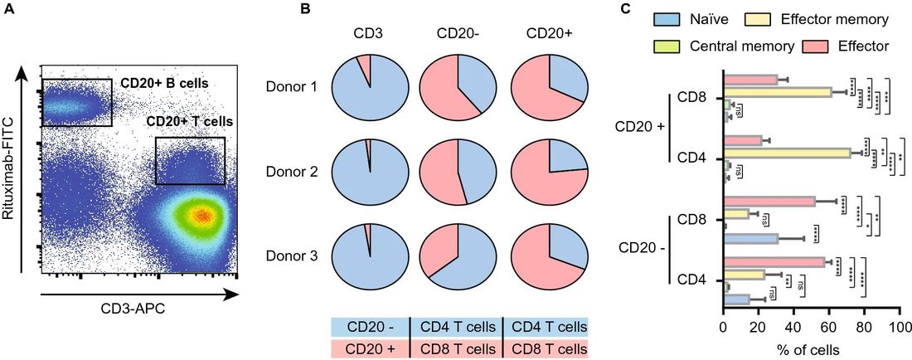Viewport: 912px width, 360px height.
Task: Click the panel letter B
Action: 304,9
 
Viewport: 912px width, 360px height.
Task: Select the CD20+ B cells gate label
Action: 164,84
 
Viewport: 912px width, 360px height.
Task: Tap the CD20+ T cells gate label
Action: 188,122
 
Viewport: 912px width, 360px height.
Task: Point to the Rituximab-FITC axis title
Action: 10,168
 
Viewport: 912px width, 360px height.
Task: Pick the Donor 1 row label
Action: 291,86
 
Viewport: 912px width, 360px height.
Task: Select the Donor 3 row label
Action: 291,257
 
